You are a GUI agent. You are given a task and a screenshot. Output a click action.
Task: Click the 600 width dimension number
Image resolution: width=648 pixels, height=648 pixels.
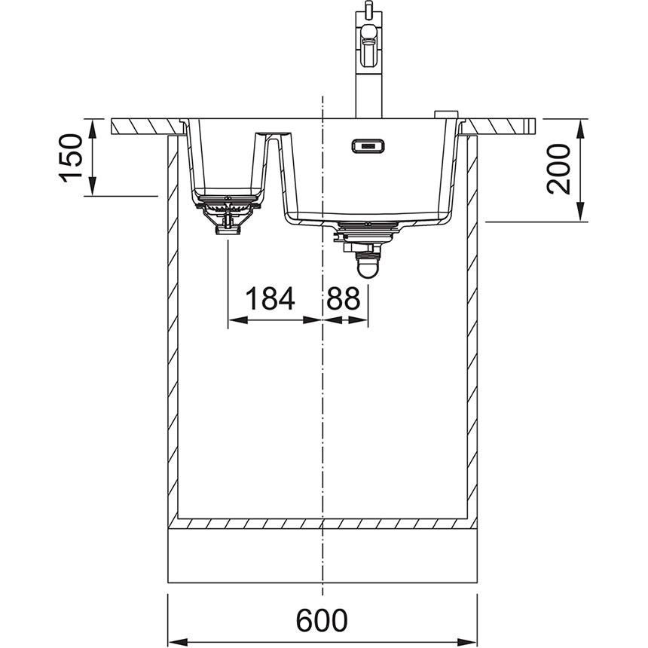pos(322,620)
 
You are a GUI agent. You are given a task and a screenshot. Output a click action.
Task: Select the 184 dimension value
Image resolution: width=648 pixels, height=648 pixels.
pos(270,299)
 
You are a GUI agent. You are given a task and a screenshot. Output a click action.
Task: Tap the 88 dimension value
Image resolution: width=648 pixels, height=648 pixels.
pos(343,299)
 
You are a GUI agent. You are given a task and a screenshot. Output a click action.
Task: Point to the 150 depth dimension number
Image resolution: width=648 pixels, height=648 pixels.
pos(71,157)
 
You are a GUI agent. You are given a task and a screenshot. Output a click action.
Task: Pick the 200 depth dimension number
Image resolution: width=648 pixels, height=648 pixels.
pos(559,169)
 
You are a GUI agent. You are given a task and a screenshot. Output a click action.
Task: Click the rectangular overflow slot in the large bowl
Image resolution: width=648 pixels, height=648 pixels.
pos(368,145)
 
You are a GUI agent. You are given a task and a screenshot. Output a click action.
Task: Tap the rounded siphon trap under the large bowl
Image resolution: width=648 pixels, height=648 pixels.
pos(368,265)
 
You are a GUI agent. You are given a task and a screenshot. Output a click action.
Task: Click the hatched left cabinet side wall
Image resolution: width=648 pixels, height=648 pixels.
pos(173,339)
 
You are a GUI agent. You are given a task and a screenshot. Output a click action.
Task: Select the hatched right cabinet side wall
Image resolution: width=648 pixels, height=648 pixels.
pos(472,339)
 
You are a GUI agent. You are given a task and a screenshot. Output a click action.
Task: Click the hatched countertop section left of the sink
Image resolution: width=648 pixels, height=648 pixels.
pos(147,126)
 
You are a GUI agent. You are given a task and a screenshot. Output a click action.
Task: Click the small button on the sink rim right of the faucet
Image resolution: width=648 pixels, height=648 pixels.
pos(445,114)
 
